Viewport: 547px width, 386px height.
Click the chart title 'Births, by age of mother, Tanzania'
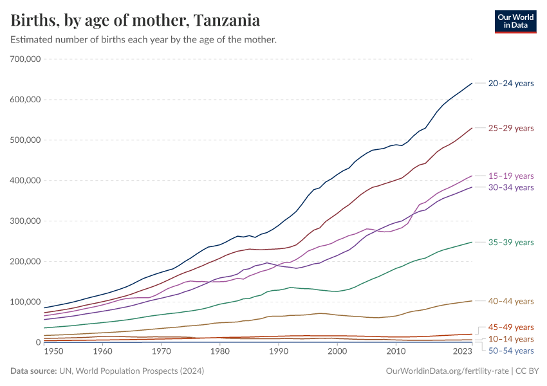point(135,21)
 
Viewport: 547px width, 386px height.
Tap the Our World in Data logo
point(515,21)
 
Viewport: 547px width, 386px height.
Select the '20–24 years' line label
point(511,83)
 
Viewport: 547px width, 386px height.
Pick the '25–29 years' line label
point(511,128)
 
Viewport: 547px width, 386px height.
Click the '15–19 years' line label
point(511,176)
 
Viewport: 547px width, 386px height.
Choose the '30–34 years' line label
point(511,187)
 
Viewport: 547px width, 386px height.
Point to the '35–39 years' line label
point(511,243)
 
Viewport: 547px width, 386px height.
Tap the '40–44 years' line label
point(511,301)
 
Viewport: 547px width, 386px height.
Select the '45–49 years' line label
point(511,327)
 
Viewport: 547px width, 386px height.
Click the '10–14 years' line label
point(511,339)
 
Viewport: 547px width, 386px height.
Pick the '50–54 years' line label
point(511,351)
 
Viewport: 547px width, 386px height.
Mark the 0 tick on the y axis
point(38,343)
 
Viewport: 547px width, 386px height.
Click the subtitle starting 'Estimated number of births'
point(144,40)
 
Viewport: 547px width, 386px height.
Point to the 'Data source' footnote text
point(106,371)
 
